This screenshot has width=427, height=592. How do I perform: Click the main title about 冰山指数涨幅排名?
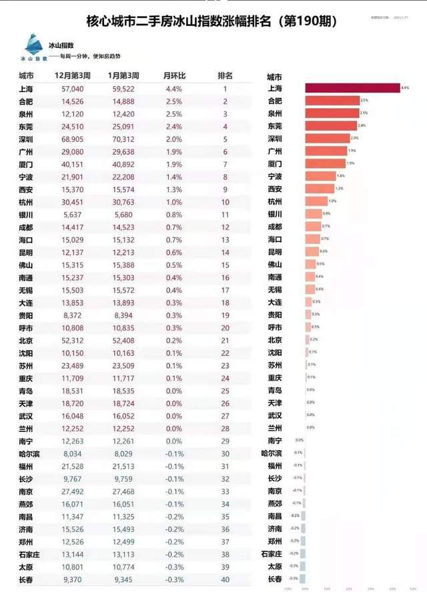(212, 21)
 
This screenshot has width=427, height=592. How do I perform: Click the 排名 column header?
(225, 75)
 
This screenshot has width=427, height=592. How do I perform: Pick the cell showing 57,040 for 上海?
(72, 89)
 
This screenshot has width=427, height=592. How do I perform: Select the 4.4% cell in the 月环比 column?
(173, 89)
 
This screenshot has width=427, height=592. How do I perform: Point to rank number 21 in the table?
(225, 341)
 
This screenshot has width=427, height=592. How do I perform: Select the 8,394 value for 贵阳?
(123, 315)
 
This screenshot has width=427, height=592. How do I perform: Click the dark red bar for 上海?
(352, 88)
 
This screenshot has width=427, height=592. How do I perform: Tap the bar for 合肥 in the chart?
(332, 101)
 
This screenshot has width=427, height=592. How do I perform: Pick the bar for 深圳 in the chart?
(328, 139)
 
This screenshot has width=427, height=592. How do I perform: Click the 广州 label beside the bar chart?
(274, 151)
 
